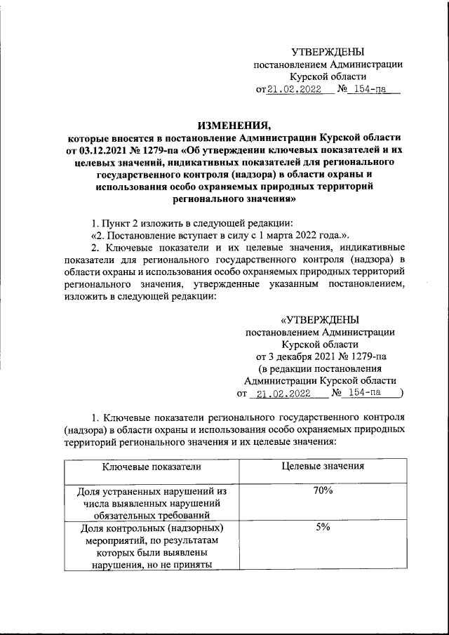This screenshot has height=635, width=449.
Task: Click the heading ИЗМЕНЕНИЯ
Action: click(x=234, y=125)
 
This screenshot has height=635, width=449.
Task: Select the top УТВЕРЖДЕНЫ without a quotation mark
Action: click(x=328, y=52)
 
